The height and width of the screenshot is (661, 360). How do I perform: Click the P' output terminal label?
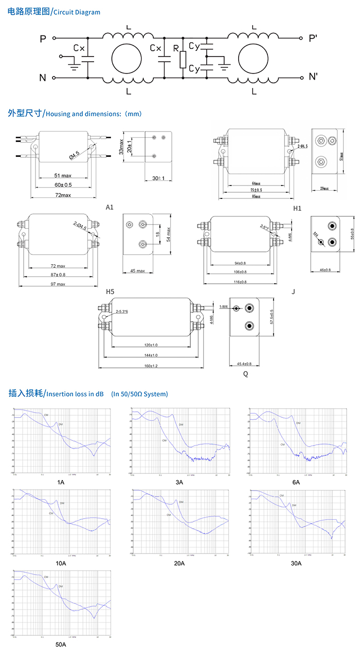(x=313, y=39)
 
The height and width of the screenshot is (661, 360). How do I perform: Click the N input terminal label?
(x=42, y=78)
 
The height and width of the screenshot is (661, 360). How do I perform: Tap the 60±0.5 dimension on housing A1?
(x=63, y=184)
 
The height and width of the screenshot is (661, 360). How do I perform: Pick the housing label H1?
(x=298, y=208)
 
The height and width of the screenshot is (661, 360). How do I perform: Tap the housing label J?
(x=293, y=291)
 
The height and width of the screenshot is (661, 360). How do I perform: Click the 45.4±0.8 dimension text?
(x=245, y=363)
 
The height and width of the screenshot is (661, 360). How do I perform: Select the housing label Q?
(x=245, y=374)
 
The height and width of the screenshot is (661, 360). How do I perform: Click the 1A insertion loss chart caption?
(x=61, y=482)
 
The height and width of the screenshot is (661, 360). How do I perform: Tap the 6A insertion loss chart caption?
(x=296, y=482)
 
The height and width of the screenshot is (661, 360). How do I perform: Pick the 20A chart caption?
(x=179, y=563)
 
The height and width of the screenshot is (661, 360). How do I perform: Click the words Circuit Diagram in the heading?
(x=77, y=12)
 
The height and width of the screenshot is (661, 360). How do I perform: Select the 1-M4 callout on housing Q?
(x=224, y=307)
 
